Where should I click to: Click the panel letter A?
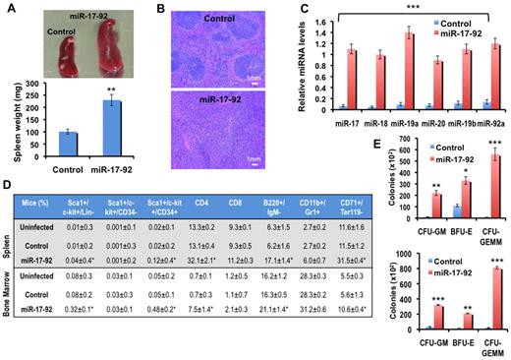coord(9,9)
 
